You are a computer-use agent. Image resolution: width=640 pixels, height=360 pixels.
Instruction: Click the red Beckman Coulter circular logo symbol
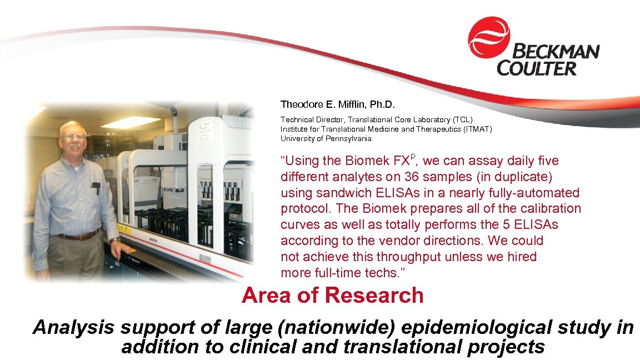(489, 37)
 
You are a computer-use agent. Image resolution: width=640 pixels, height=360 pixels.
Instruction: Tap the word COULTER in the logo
(537, 69)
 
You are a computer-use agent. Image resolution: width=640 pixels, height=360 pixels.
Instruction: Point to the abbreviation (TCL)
(461, 119)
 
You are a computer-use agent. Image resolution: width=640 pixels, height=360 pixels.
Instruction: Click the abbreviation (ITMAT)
(474, 129)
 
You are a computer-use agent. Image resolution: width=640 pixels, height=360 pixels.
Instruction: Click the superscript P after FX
(413, 157)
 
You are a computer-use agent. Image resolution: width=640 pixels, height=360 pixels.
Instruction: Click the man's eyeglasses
(72, 136)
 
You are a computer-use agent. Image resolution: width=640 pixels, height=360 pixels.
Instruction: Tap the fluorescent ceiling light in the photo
(129, 122)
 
